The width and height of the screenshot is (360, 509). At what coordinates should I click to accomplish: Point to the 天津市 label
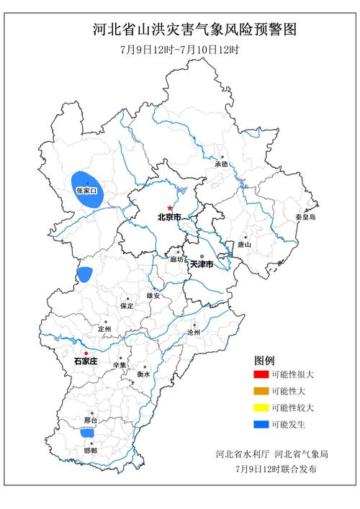tap(202, 265)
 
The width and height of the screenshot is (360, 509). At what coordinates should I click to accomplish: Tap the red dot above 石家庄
tap(86, 353)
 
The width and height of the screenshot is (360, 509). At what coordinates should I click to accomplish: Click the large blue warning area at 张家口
tap(86, 189)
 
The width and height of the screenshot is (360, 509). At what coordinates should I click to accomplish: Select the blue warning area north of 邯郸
tap(87, 433)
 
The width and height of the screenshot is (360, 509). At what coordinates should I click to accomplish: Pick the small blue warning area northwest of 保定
tap(85, 274)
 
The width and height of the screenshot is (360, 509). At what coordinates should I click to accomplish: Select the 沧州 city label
tap(194, 334)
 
